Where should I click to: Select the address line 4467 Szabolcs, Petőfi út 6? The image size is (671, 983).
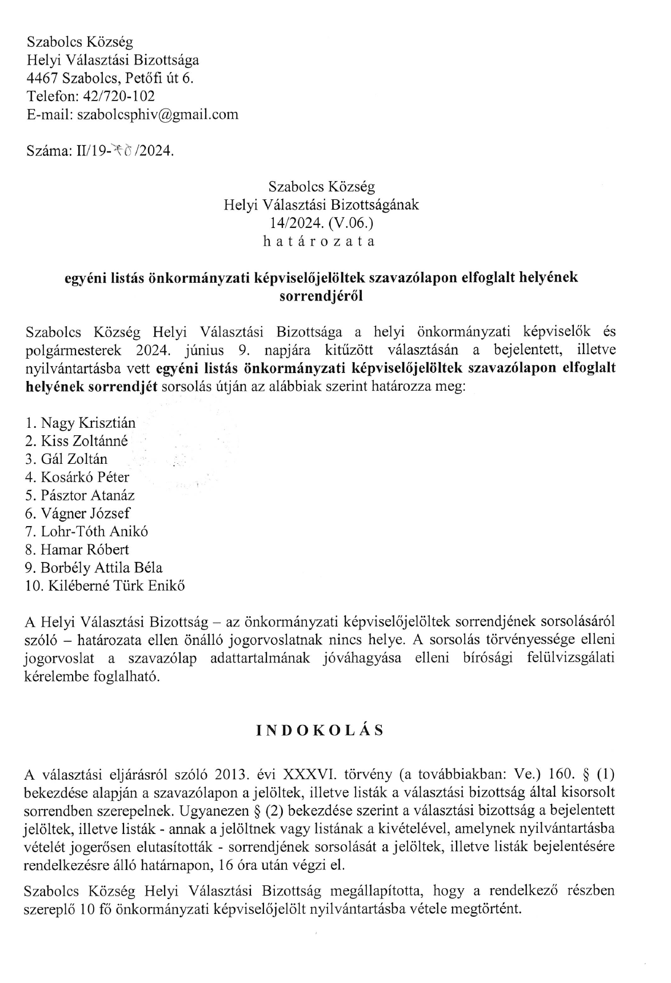[110, 78]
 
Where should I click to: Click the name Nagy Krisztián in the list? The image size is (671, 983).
[88, 423]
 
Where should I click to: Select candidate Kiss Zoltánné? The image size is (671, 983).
[84, 441]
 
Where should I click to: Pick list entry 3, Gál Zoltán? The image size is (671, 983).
[74, 459]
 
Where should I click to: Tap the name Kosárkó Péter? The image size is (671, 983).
[85, 477]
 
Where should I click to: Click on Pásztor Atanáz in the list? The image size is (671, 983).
[87, 495]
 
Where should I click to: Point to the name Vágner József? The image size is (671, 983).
[85, 513]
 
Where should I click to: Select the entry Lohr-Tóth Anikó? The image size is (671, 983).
[94, 531]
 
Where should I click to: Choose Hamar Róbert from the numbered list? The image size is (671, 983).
[85, 549]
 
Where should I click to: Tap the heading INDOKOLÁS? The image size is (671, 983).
[319, 731]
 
